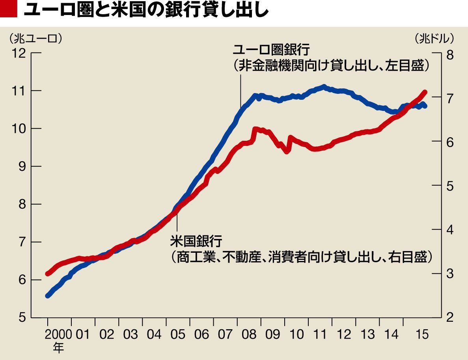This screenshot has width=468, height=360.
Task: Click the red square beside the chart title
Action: (x=9, y=10)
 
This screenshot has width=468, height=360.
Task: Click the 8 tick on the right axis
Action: (x=449, y=54)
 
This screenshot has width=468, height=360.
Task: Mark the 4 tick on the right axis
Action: (x=449, y=230)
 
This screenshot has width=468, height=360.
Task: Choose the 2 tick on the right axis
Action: (x=449, y=318)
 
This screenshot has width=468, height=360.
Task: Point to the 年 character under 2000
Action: (x=58, y=349)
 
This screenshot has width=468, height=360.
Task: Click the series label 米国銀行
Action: (x=196, y=241)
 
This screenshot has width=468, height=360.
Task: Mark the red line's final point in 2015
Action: (x=425, y=92)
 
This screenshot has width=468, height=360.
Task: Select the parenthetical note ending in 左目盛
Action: (x=330, y=65)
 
